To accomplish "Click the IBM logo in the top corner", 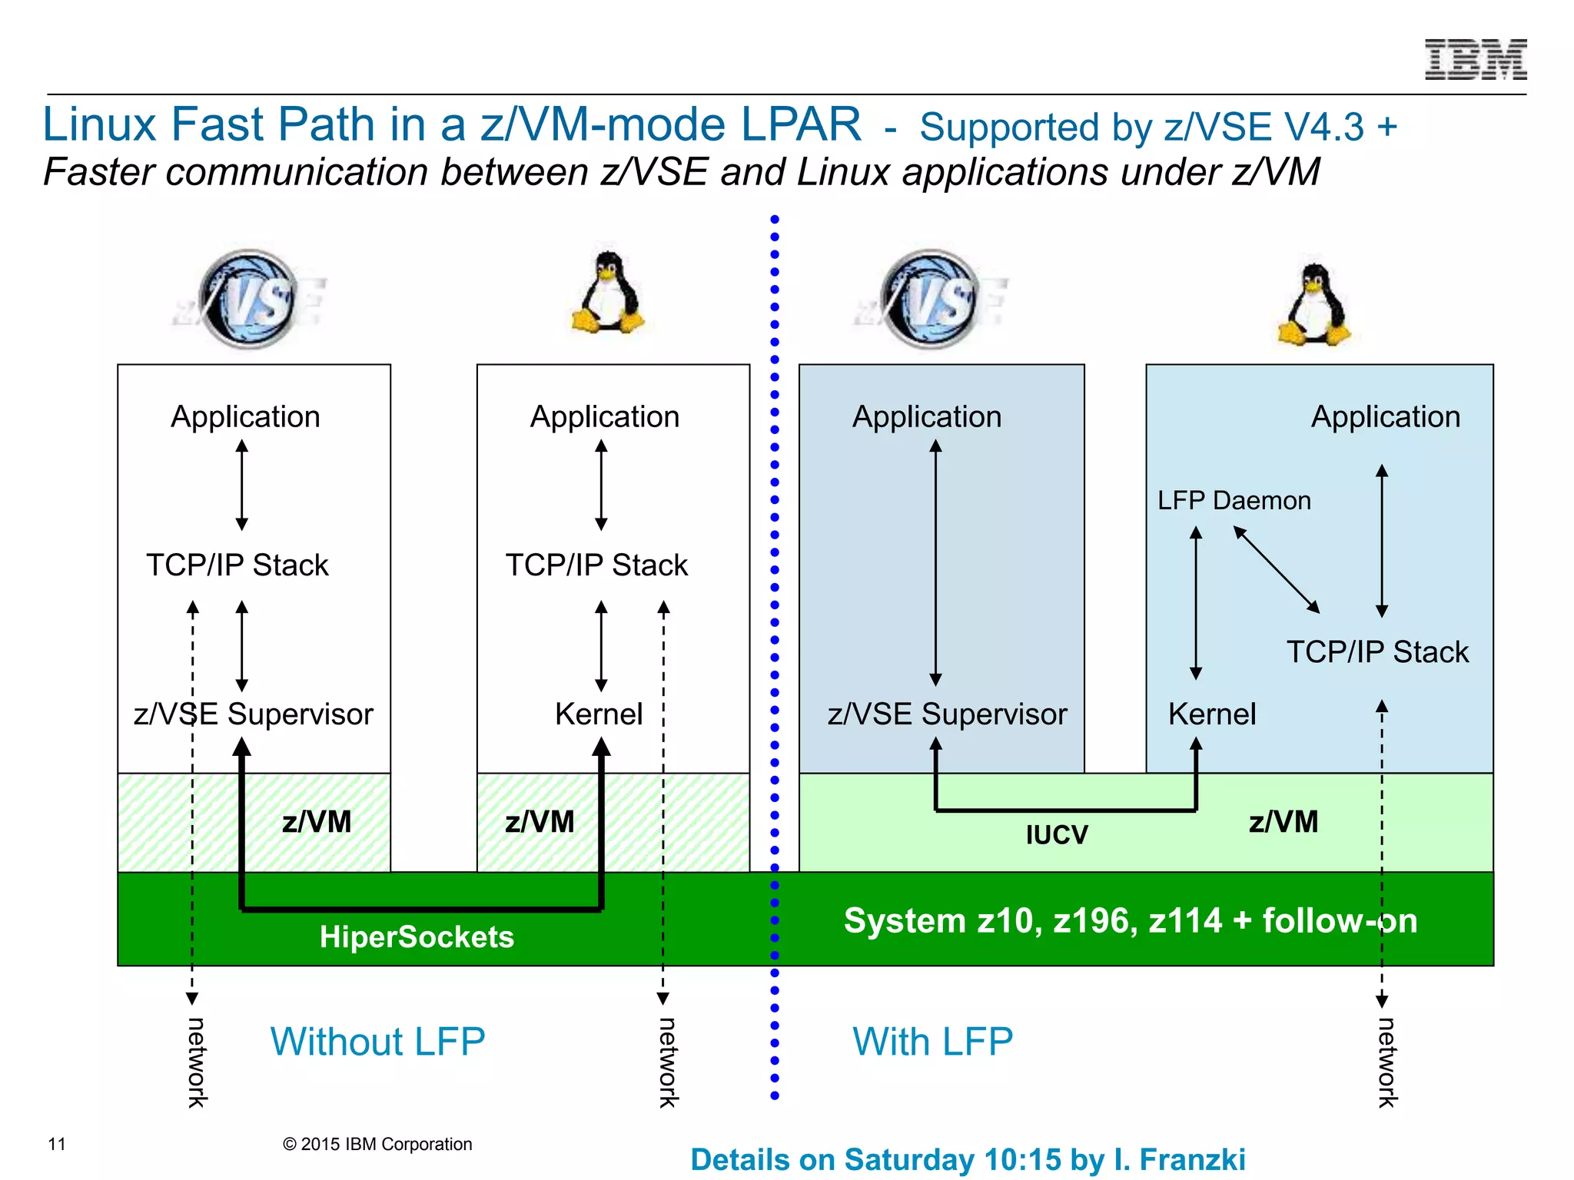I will click(1475, 60).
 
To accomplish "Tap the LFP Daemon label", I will click(1234, 501).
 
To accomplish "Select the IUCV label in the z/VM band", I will click(1057, 835).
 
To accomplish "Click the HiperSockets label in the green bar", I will click(417, 937).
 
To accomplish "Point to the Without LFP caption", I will click(377, 1042).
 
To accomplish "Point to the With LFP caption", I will click(932, 1042).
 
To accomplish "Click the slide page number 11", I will click(57, 1145).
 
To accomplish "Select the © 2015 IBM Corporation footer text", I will click(377, 1145).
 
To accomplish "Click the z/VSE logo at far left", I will click(247, 300).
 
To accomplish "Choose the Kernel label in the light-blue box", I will click(1211, 714).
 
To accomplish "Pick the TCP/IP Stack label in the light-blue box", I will click(1377, 652).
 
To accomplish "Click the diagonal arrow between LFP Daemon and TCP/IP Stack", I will click(1277, 569).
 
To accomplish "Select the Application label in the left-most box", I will click(245, 417).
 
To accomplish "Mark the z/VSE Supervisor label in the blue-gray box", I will click(947, 714).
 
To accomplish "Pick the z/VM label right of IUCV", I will click(1283, 822).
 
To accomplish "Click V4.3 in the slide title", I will click(1321, 128).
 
